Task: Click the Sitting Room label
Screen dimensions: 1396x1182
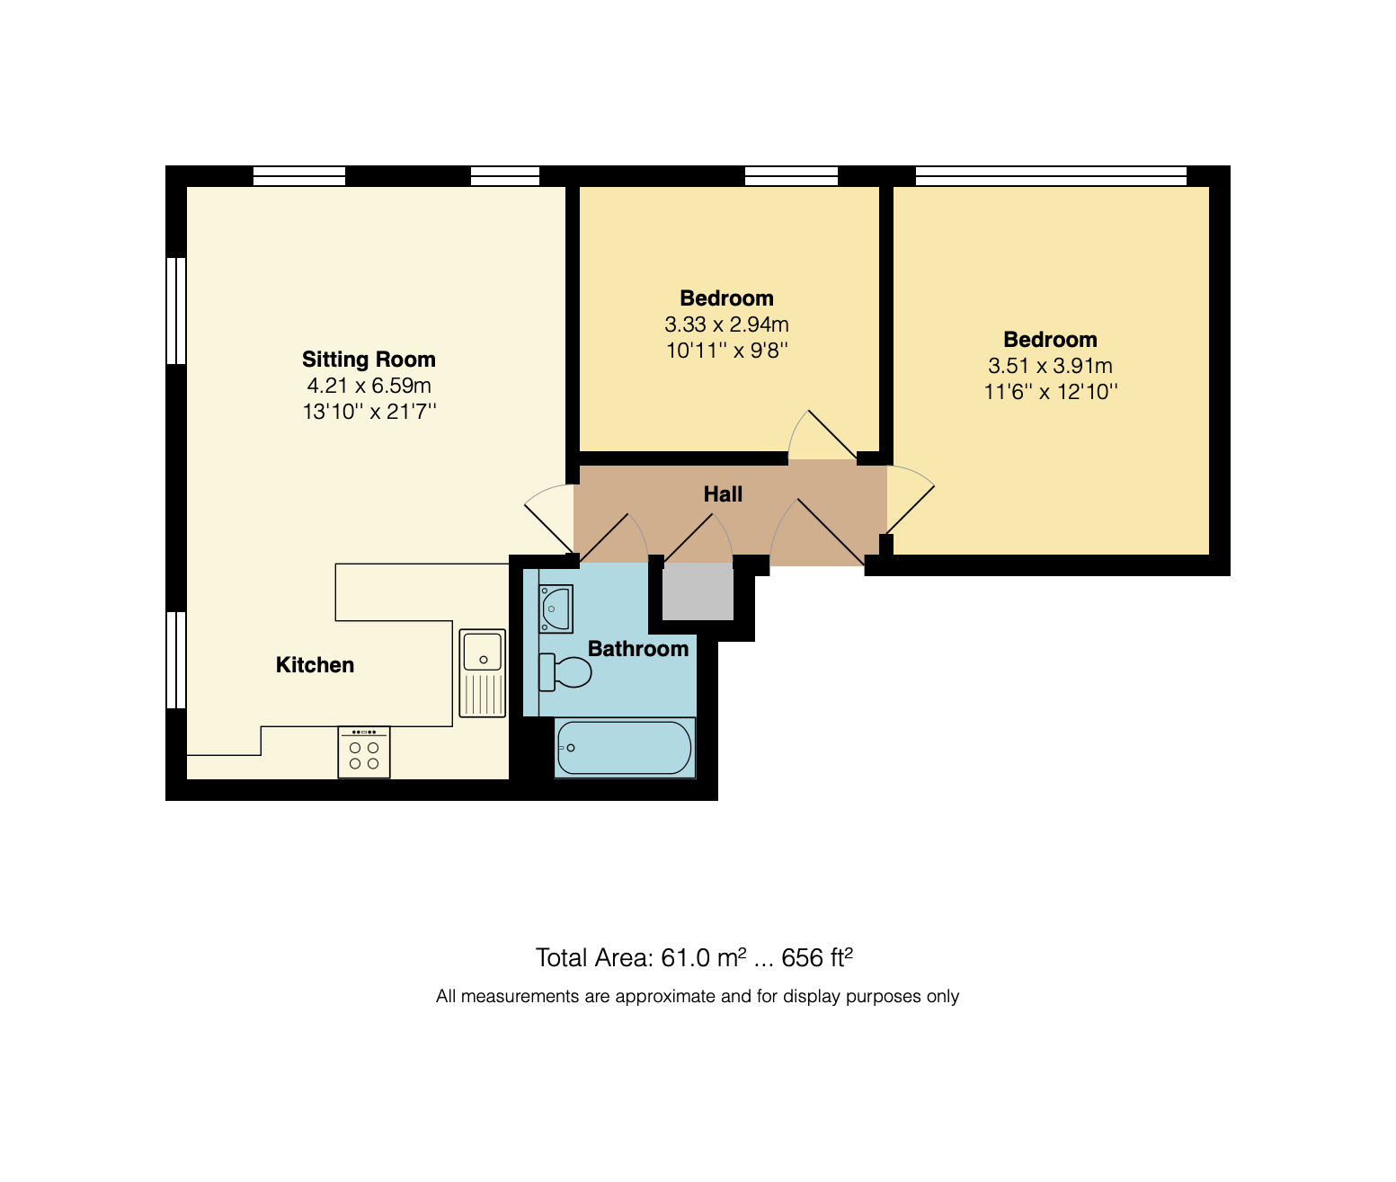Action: point(369,360)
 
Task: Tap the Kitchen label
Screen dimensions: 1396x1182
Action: point(315,664)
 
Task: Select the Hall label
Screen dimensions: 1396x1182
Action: point(723,494)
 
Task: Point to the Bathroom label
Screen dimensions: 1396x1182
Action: point(637,649)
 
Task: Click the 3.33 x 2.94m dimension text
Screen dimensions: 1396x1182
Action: point(726,324)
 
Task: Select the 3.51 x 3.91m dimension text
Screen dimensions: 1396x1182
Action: point(1050,366)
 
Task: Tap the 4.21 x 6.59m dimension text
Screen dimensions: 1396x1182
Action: point(369,386)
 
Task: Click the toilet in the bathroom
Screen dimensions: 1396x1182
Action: point(565,672)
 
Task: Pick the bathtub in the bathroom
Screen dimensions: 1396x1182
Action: point(625,748)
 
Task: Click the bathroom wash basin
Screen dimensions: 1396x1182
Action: point(556,609)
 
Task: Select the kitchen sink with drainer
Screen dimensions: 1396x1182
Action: point(482,672)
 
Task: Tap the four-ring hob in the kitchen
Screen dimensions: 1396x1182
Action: point(364,752)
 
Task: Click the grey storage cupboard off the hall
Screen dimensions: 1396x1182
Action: point(698,591)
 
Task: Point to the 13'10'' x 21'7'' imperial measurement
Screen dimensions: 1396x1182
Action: point(369,412)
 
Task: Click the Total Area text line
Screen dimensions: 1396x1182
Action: point(694,958)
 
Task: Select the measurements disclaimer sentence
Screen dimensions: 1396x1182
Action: point(697,996)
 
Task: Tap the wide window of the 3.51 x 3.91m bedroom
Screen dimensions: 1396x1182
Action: point(1051,176)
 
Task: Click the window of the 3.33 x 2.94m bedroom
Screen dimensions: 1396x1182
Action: point(791,176)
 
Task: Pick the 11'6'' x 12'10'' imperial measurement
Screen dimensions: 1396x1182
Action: point(1050,393)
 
